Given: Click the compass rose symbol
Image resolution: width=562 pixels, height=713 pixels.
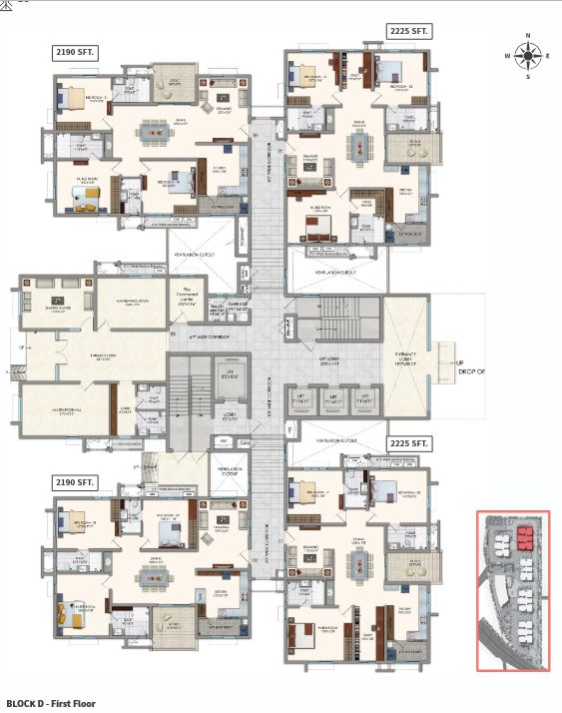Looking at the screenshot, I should coord(529,55).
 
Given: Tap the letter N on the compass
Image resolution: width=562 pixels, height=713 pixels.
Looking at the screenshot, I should coord(529,37).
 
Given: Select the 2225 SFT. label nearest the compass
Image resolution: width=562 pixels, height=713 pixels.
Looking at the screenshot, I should coord(409,32).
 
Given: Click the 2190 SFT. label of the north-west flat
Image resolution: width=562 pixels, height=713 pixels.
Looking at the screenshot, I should coord(76,51).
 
